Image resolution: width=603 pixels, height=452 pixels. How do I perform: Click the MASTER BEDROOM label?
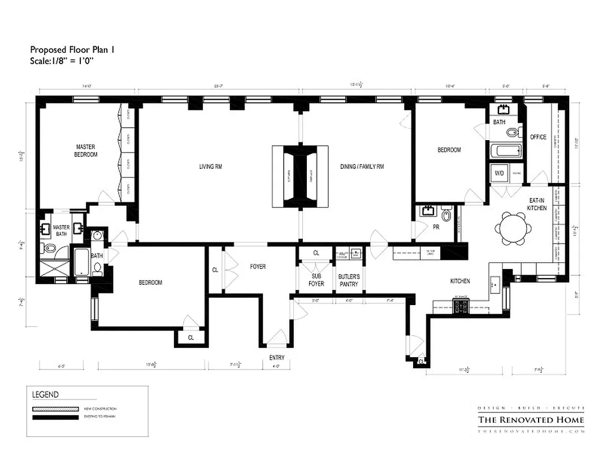[86, 150]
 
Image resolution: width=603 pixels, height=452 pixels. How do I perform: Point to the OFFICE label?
[537, 137]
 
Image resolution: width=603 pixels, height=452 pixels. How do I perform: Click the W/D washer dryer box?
[500, 173]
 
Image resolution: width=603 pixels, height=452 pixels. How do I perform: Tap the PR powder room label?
[436, 227]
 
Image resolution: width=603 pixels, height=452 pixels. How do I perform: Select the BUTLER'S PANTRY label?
[349, 280]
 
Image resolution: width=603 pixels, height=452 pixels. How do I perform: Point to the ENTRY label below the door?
[277, 358]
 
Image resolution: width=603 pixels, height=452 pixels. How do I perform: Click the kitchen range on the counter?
[461, 307]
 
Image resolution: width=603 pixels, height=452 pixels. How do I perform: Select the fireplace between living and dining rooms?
[300, 176]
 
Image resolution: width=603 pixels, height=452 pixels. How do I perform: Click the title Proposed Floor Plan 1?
[72, 50]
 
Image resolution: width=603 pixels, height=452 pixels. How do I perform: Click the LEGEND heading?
[45, 394]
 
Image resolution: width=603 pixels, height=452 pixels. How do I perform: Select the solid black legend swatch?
[55, 418]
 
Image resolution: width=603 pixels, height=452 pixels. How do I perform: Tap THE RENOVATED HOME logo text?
[531, 420]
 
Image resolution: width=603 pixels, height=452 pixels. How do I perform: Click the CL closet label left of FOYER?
[215, 270]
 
